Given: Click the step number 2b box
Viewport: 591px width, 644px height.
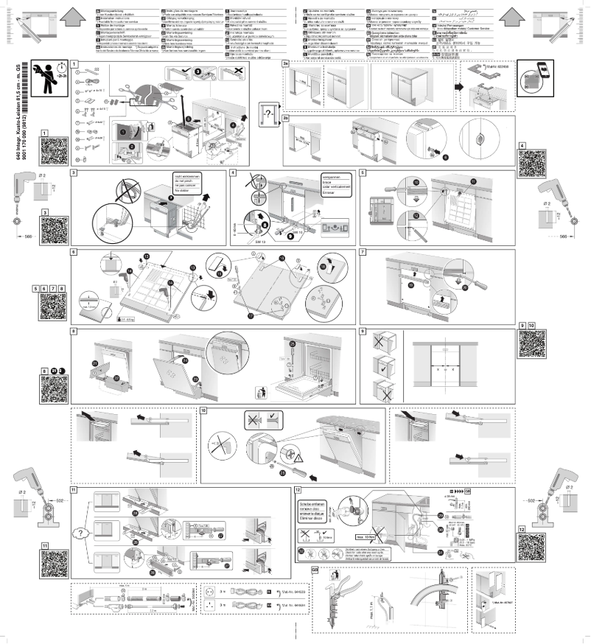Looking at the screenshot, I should pyautogui.click(x=286, y=116).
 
